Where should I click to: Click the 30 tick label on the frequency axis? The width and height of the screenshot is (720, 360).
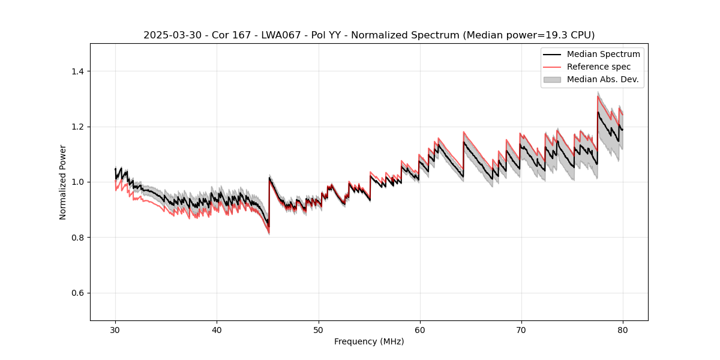coord(115,330)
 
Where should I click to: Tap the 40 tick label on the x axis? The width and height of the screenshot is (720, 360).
coord(217,330)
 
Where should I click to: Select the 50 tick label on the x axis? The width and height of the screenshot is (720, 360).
coord(318,330)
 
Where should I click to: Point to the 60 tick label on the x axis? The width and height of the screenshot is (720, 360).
coord(419,330)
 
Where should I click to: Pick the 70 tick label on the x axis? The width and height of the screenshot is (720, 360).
coord(521,330)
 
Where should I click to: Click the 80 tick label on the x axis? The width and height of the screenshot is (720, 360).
coord(622,330)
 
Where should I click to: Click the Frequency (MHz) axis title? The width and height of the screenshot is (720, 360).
coord(369,341)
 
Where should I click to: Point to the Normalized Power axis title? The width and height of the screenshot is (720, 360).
coord(63,182)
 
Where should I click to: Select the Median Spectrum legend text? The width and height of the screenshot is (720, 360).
coord(603,54)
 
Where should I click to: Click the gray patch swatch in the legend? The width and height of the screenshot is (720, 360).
coord(552,79)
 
